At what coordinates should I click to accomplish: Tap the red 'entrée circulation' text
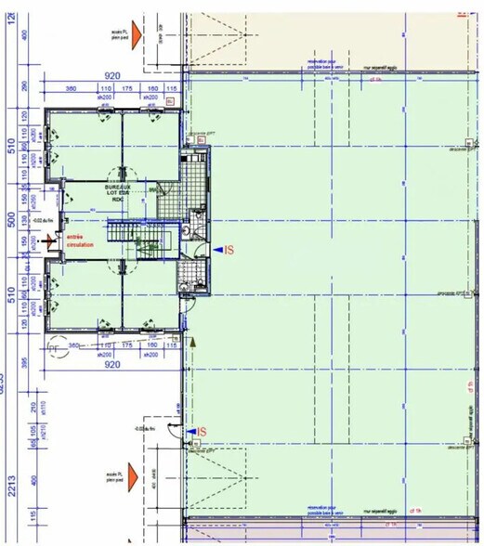[81, 240]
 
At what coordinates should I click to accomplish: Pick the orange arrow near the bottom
[135, 476]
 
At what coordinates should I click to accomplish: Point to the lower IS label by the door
[199, 432]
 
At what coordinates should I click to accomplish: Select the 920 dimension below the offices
[112, 366]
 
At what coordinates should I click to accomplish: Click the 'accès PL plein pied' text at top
[111, 33]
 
